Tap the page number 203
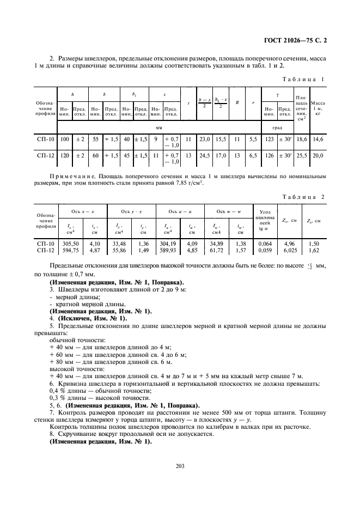pos(180,465)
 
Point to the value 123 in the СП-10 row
pos(269,139)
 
